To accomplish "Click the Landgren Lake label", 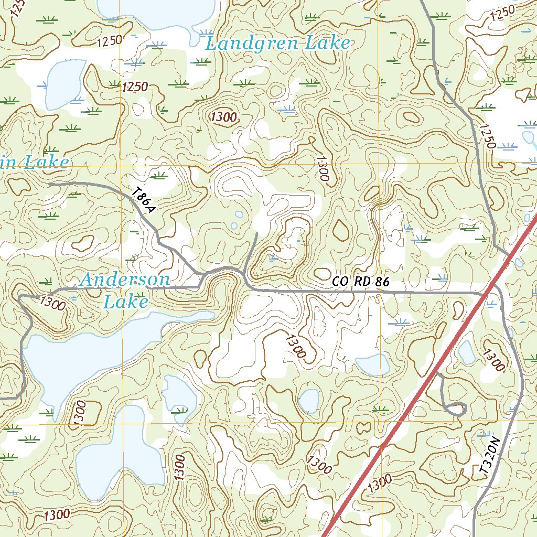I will (277, 43).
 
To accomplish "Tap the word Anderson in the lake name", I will (125, 280).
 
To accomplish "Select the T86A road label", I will (144, 202).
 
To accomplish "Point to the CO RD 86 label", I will (361, 282).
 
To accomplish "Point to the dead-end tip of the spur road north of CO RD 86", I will (256, 233).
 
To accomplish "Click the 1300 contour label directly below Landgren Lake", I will (223, 117).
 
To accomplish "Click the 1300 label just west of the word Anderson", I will (52, 303).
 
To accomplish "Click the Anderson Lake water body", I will (79, 357).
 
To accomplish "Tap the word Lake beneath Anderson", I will (126, 302).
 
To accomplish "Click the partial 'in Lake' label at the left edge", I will (34, 163).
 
